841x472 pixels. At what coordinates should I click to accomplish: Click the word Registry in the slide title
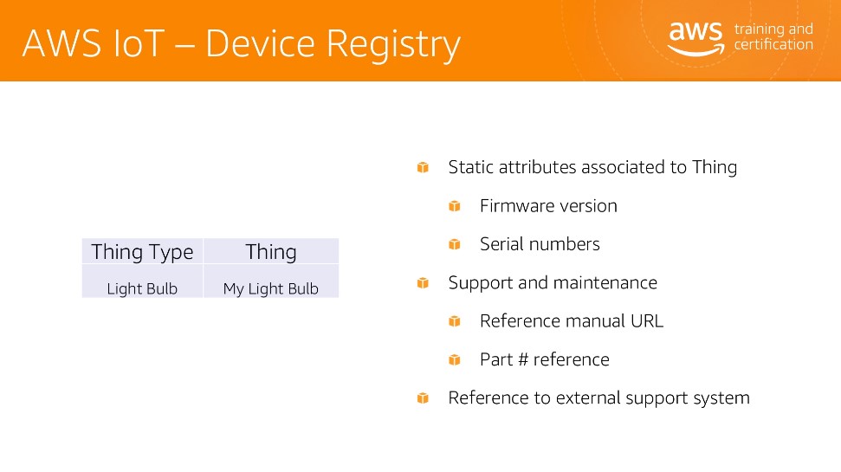click(393, 44)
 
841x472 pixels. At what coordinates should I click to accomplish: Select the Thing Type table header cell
click(142, 251)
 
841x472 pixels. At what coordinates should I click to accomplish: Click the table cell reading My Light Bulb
click(271, 288)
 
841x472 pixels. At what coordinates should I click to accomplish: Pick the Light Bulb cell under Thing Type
click(142, 288)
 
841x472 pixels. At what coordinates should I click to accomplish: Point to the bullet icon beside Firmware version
click(455, 206)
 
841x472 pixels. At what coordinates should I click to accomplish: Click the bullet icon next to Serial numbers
click(455, 244)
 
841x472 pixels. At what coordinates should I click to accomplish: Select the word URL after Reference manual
click(647, 320)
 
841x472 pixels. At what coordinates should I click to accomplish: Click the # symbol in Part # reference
click(523, 359)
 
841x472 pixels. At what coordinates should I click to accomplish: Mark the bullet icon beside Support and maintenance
click(423, 282)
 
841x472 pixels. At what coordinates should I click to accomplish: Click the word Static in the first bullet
click(471, 167)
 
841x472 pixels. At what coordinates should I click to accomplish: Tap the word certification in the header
click(773, 44)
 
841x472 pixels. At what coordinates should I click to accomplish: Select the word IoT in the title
click(139, 43)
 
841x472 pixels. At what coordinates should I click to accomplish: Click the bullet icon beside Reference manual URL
click(455, 321)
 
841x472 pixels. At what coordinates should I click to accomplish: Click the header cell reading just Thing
click(271, 251)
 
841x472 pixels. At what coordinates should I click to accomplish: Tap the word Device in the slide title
click(260, 43)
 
